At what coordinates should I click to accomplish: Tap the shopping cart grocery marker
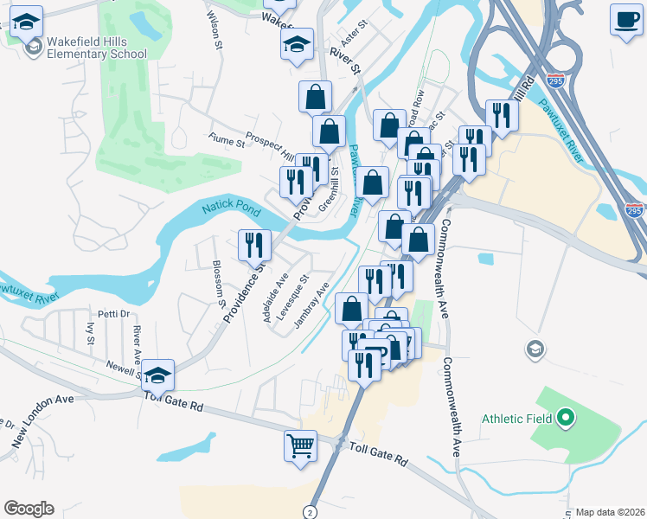coord(299,447)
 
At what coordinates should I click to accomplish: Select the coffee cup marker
coord(625,19)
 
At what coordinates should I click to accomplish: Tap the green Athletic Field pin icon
coord(566,420)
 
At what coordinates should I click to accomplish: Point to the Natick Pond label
coord(231,208)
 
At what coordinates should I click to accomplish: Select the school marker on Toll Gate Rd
coord(158,375)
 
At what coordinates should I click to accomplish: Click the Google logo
coord(29,509)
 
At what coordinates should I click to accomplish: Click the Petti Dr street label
coord(113,314)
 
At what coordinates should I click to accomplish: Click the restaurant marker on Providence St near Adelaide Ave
coord(254,245)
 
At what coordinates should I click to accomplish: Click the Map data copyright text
coord(610,512)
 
